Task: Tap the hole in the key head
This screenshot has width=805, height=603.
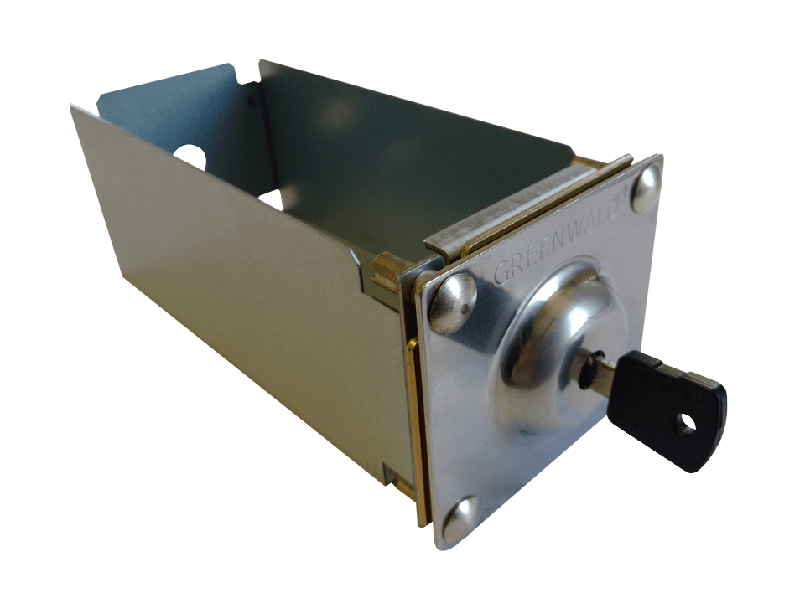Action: click(x=688, y=423)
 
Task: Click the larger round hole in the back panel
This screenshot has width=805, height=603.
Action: click(x=190, y=157)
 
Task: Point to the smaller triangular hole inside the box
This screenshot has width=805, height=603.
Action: click(x=270, y=198)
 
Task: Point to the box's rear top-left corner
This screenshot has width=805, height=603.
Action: click(x=74, y=106)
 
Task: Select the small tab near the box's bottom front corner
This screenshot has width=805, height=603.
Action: click(x=392, y=477)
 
